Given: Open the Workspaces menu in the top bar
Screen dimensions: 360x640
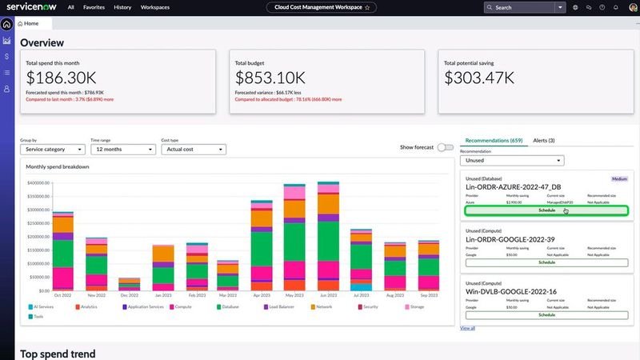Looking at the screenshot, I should [154, 7].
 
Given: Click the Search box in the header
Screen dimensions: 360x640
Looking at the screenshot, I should [520, 7].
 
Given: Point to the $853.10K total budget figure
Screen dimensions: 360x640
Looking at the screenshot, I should [270, 78].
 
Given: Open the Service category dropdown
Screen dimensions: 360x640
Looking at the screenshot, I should [53, 149].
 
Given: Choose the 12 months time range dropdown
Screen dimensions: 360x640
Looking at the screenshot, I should [122, 149].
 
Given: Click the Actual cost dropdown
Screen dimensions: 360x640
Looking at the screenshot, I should [193, 149].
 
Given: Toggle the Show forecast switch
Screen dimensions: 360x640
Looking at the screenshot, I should [445, 147].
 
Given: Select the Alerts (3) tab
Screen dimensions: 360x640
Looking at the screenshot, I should [544, 140].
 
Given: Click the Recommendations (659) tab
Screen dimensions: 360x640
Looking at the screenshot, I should [494, 140].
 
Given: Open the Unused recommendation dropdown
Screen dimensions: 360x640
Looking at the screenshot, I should [513, 161].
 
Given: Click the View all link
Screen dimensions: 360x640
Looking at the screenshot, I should [468, 328].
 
